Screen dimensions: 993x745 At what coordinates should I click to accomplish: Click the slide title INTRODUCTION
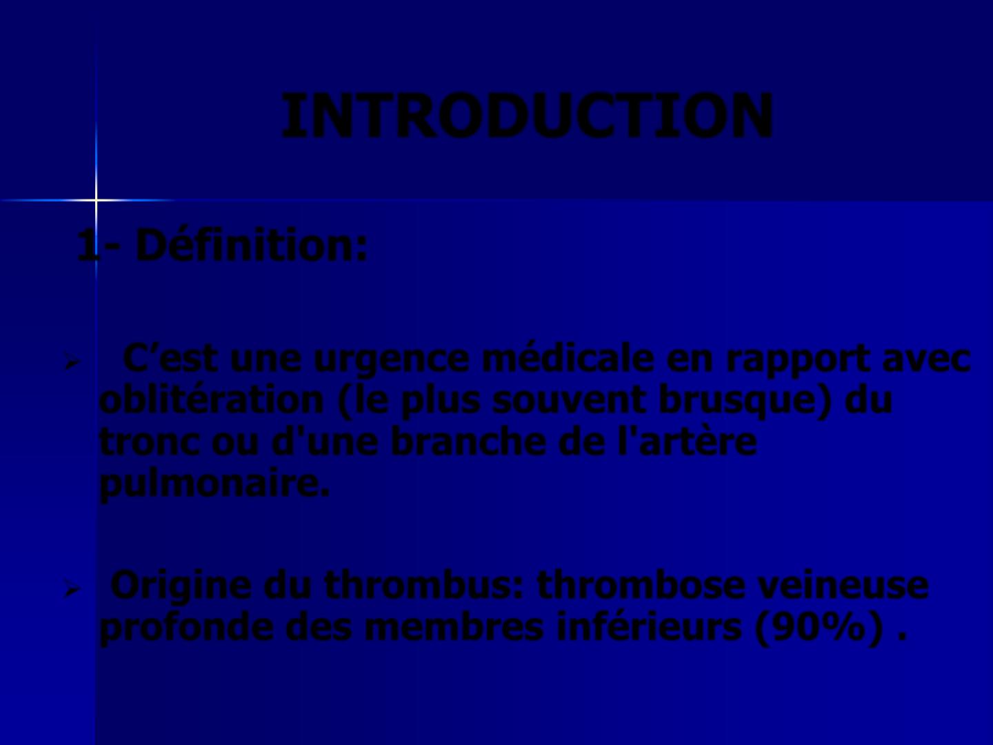[528, 115]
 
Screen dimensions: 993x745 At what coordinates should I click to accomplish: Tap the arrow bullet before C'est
[72, 362]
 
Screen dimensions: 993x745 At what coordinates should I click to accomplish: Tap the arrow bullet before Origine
[72, 590]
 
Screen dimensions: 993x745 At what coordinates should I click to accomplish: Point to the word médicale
[568, 358]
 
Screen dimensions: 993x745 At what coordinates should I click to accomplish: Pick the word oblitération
[212, 399]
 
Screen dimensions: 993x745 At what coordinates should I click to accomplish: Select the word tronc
[150, 442]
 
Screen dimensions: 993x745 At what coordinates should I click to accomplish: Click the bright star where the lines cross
[96, 199]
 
